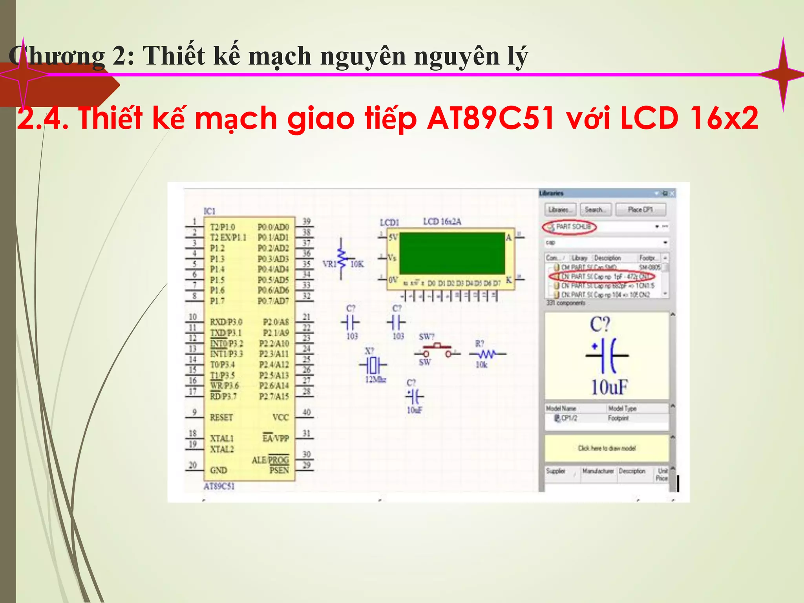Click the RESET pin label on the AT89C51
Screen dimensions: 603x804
(221, 417)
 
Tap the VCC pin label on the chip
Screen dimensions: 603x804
(280, 417)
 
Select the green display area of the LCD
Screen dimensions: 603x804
(452, 253)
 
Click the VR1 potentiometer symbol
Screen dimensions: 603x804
(342, 259)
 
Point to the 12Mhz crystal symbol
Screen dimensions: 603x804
(373, 365)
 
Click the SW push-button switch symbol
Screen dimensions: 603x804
(437, 350)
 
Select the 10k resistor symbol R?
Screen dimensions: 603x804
(487, 354)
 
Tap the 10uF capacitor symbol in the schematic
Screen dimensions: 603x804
(415, 397)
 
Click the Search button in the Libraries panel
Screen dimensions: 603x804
(596, 210)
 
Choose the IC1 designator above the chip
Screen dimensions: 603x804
(210, 211)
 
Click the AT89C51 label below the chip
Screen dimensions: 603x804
(219, 486)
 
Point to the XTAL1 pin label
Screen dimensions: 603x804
(222, 438)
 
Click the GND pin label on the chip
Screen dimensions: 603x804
(218, 470)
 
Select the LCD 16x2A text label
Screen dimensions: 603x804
(442, 222)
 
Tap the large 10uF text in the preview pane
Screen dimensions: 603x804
(609, 387)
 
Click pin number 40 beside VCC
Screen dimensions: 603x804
(307, 412)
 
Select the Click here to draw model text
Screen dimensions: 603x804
(607, 448)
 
